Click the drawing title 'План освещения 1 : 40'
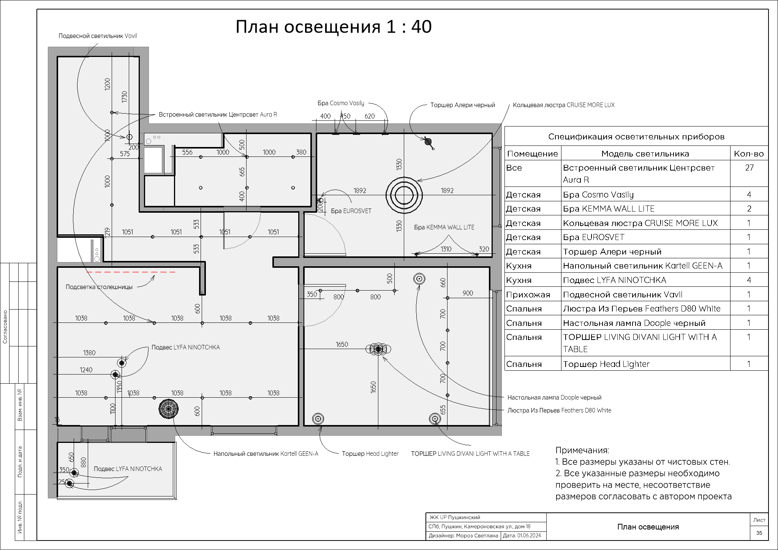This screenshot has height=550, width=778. (x=333, y=27)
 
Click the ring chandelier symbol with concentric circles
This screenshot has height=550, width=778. (x=404, y=195)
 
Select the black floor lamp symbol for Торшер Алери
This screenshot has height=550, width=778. (x=429, y=142)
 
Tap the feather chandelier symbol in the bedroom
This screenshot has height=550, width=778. (x=378, y=349)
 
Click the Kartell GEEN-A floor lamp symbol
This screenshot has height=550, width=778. (x=168, y=409)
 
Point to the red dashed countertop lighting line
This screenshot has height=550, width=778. (x=131, y=272)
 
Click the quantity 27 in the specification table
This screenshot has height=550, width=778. (x=749, y=168)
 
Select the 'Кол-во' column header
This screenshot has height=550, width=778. (x=748, y=154)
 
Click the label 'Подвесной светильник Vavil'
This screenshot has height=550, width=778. (x=97, y=36)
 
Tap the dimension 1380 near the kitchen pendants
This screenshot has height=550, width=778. (x=89, y=353)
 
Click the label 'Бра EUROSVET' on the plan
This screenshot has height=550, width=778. (x=351, y=211)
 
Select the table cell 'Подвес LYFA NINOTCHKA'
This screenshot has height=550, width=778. (x=614, y=280)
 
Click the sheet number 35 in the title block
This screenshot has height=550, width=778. (x=759, y=533)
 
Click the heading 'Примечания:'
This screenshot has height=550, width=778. (x=582, y=450)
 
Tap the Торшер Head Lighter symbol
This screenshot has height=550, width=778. (x=318, y=419)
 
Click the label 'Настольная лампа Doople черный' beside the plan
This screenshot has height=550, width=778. (x=554, y=398)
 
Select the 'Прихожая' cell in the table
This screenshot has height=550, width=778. (x=528, y=295)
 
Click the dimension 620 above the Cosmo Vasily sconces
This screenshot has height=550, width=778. (x=369, y=116)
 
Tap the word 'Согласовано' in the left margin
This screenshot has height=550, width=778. (x=5, y=327)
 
